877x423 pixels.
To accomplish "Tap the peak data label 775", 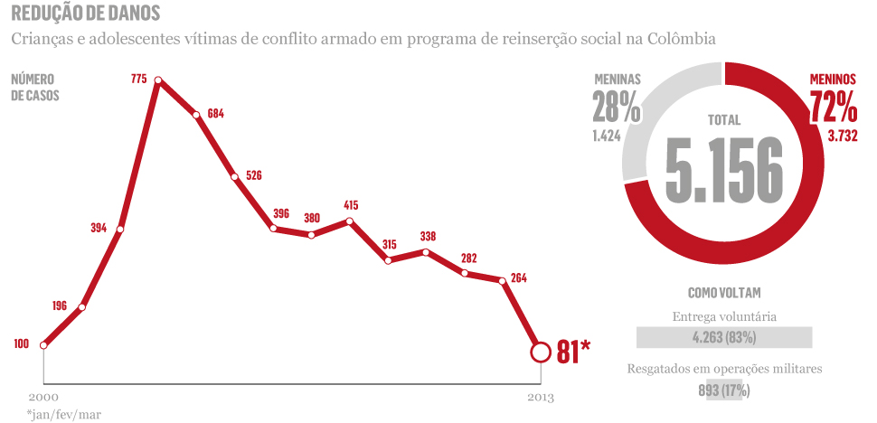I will (138, 80).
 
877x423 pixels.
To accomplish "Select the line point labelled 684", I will (196, 115).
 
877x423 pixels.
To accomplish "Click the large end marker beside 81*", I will (540, 352).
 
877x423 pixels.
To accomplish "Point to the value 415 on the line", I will (352, 205).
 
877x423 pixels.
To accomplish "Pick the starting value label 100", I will (22, 343).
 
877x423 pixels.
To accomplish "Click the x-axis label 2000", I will (42, 397).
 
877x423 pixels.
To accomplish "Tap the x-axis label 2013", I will (540, 397).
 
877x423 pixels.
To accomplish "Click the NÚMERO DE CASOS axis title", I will (34, 87).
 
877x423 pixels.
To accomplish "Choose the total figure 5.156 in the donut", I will (723, 169).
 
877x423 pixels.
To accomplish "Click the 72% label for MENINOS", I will (833, 108).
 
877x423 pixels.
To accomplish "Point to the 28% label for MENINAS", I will (617, 108).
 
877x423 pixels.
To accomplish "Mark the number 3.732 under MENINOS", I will (836, 136).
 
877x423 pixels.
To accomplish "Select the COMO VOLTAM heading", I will (723, 293).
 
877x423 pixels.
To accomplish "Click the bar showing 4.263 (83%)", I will (724, 337).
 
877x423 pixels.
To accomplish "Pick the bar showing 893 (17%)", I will (723, 390).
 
